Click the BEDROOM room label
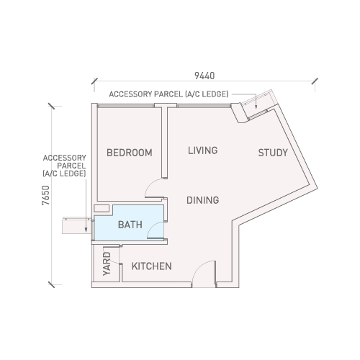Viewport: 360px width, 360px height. click(130, 153)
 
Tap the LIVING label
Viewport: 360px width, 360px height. click(202, 150)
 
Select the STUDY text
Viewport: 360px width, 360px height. click(273, 153)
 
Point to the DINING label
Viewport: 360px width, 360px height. click(203, 200)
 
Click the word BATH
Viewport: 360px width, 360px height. click(130, 225)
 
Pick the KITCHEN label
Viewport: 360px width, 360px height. click(152, 266)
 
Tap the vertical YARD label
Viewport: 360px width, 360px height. click(107, 264)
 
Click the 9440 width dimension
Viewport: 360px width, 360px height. click(204, 76)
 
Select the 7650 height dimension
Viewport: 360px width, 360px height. click(45, 195)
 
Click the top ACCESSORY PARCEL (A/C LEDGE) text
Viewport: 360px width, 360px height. click(168, 94)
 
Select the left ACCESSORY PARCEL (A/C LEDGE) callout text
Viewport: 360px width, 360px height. click(64, 166)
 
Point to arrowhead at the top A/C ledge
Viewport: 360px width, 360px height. click(256, 107)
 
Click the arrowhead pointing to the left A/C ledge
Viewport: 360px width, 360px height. click(86, 230)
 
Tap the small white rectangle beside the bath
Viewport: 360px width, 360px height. click(102, 208)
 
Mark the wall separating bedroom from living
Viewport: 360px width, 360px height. click(164, 143)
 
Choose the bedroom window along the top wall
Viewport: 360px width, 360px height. click(126, 106)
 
